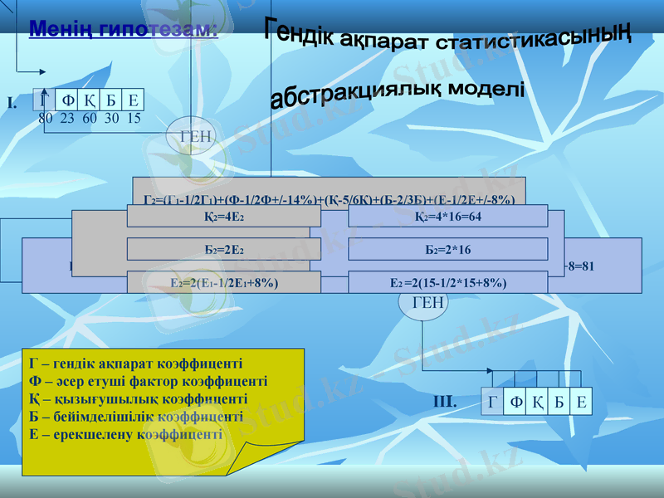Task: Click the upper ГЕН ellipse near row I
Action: click(196, 134)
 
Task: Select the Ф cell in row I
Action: click(68, 100)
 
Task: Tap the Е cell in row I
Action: click(133, 100)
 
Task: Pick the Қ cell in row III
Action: click(537, 403)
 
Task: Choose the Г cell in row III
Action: click(494, 403)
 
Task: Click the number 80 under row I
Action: click(46, 118)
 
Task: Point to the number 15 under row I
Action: click(133, 118)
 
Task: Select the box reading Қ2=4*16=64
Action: click(447, 217)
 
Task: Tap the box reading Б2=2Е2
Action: click(223, 249)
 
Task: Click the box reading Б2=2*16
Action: click(447, 249)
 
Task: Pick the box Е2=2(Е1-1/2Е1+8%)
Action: click(223, 282)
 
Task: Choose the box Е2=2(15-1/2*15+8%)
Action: click(447, 282)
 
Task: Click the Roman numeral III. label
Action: click(445, 403)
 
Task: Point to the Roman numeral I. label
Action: click(12, 103)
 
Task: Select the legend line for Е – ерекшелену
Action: click(125, 433)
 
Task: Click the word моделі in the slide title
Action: click(486, 88)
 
